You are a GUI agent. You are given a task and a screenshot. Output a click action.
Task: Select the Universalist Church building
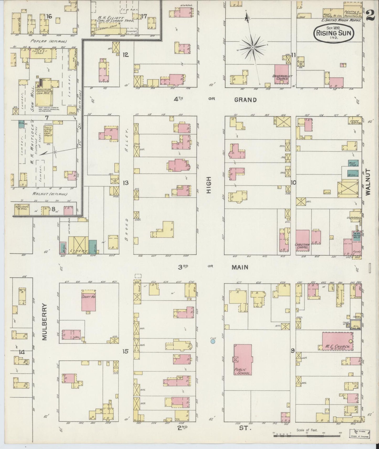click(x=281, y=74)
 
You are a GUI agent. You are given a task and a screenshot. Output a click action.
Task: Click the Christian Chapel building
click(x=303, y=240)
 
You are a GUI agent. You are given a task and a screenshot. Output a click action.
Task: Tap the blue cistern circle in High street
click(x=213, y=341)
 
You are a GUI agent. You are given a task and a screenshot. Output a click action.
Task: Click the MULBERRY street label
click(x=45, y=322)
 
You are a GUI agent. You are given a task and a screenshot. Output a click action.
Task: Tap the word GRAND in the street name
click(x=245, y=100)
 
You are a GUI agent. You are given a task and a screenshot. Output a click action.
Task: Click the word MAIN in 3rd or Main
click(x=240, y=267)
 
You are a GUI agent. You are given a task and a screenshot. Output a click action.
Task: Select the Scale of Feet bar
click(x=307, y=435)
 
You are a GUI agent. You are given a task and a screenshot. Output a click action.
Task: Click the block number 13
click(x=126, y=183)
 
